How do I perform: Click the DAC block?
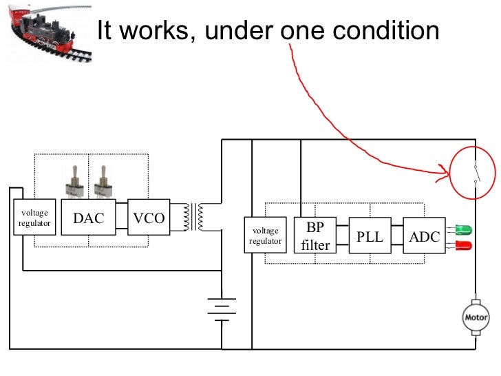(x=89, y=218)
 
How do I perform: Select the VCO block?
(x=149, y=218)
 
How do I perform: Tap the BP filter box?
(x=315, y=236)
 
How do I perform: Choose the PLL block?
(x=370, y=236)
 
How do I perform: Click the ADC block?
(x=424, y=236)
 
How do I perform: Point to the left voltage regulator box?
(x=34, y=218)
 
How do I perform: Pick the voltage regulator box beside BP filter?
(x=266, y=236)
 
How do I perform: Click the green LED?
(x=463, y=229)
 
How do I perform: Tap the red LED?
(x=463, y=245)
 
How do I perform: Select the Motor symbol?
(x=476, y=317)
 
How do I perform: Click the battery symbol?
(x=222, y=309)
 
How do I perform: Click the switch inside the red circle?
(x=475, y=174)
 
